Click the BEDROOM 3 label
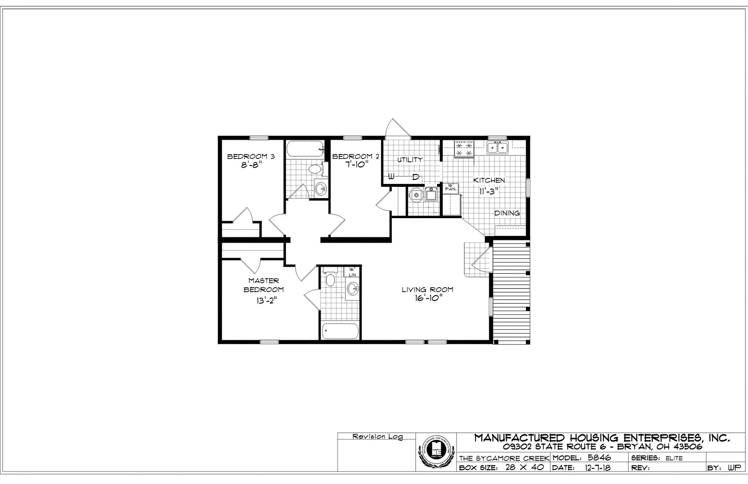pos(251,156)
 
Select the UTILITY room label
pos(410,159)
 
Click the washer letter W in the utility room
pos(391,177)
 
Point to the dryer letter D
pos(415,177)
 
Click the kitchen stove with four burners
pos(464,149)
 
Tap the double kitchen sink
pos(498,147)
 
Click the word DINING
pos(507,213)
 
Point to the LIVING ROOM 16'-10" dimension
pos(427,298)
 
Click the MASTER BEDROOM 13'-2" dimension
pos(264,300)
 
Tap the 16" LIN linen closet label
pos(352,272)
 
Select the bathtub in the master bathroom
pos(340,330)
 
